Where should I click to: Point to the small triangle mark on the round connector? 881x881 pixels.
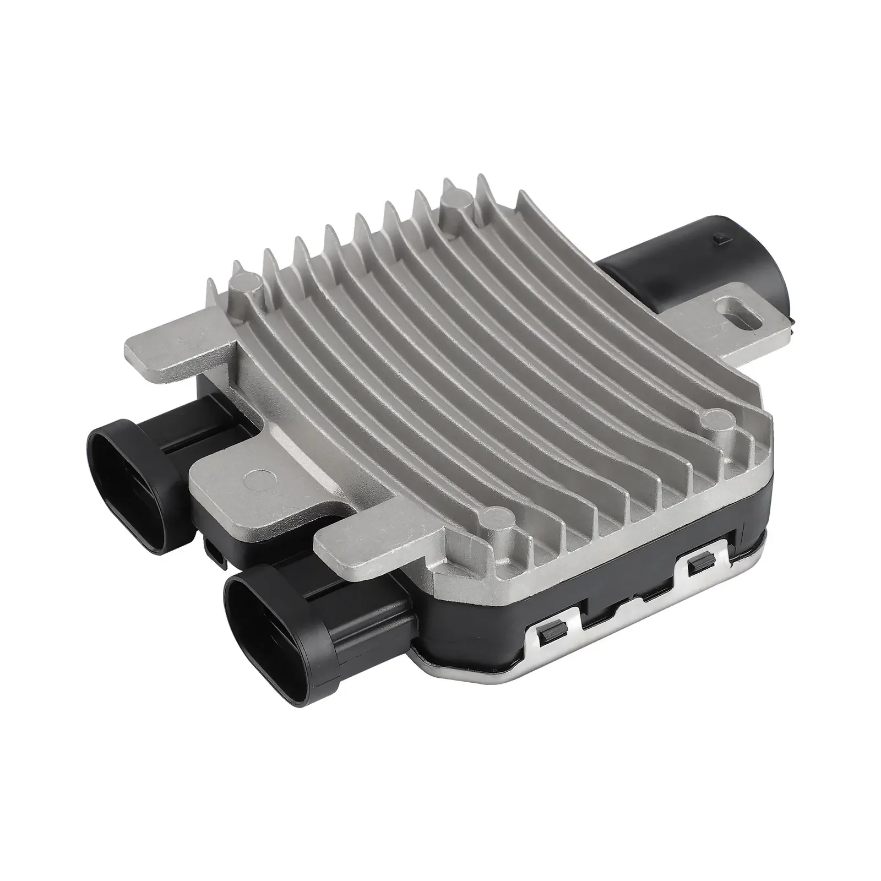point(717,238)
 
